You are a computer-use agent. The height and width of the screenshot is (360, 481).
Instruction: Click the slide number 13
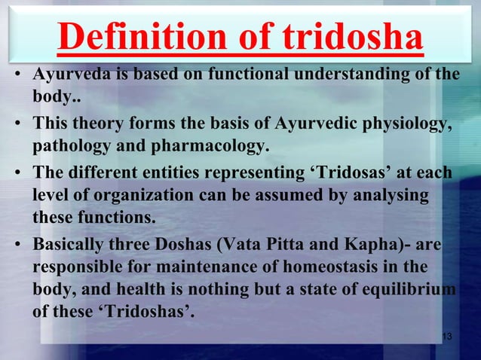446,336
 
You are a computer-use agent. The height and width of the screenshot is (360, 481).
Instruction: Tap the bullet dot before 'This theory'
17,125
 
